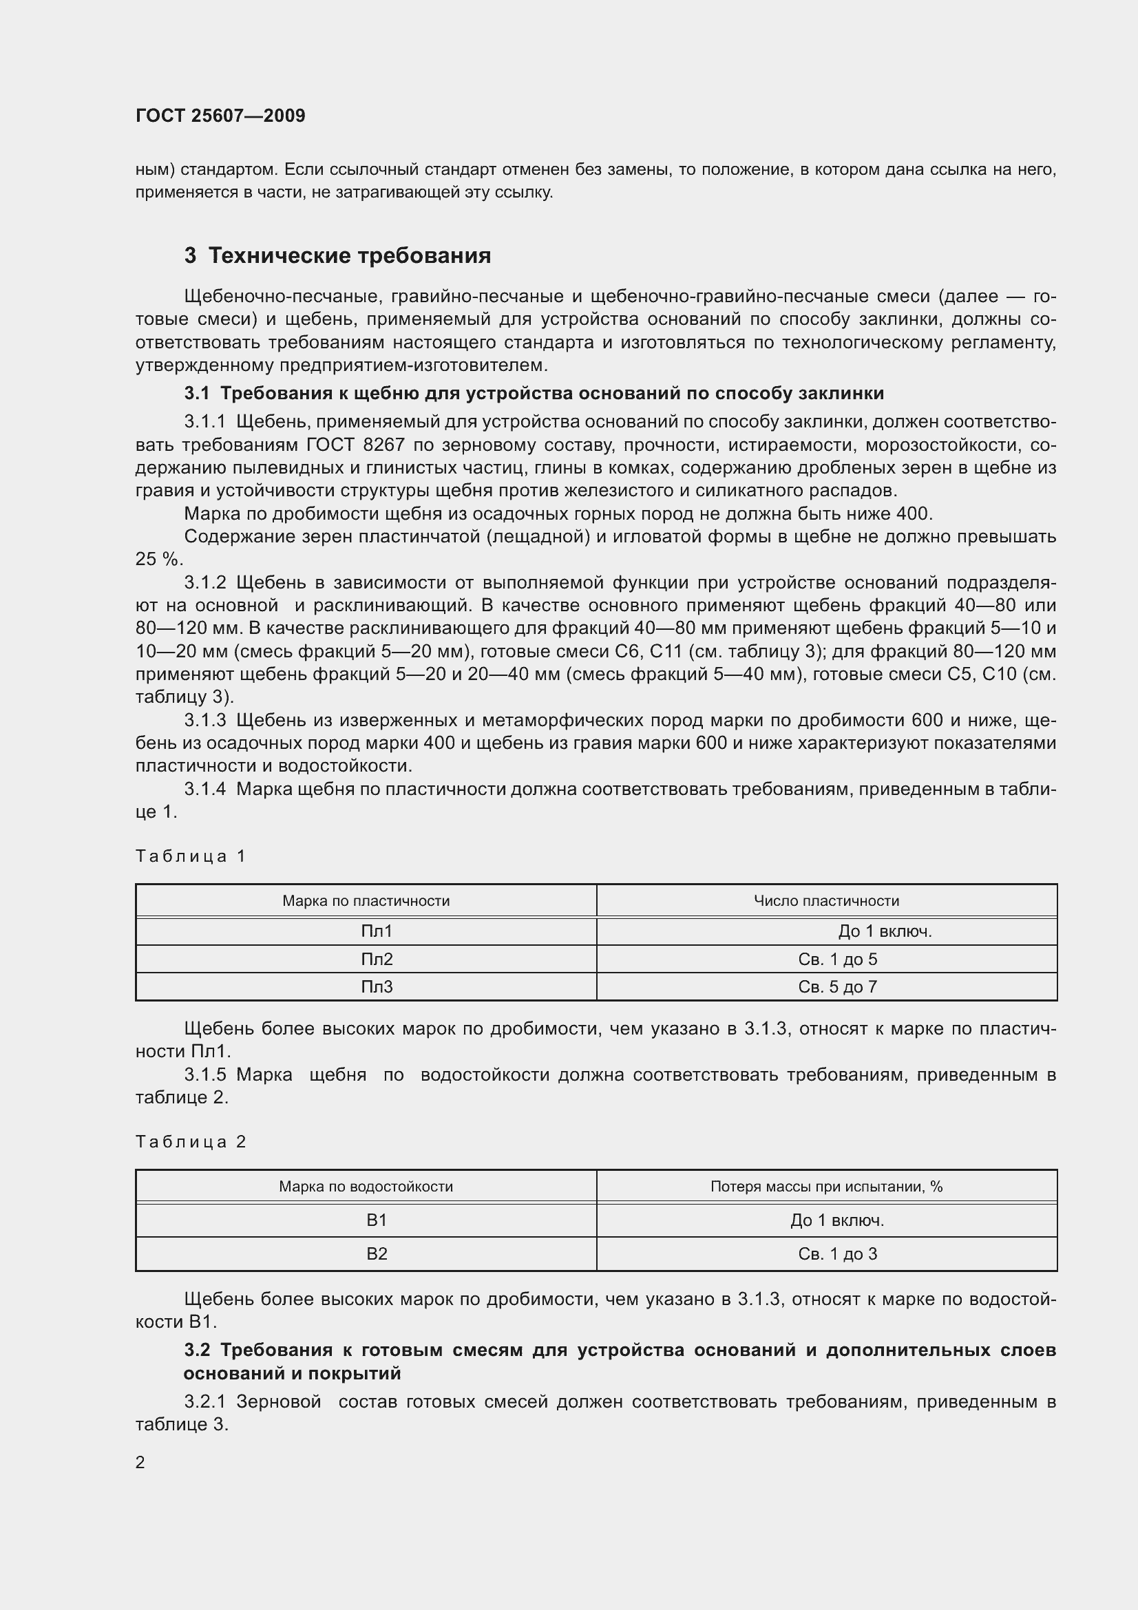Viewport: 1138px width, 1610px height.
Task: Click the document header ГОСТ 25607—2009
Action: (220, 116)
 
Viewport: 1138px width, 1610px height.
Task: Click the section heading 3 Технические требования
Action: (337, 256)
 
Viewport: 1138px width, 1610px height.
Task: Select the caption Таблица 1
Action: (191, 856)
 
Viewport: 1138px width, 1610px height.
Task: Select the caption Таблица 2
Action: (191, 1141)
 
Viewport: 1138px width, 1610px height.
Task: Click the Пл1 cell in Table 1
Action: (377, 931)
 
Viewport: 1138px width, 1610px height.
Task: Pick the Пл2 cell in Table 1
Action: (377, 960)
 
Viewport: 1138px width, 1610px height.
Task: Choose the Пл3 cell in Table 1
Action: (377, 986)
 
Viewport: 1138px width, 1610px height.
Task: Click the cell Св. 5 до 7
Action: (837, 986)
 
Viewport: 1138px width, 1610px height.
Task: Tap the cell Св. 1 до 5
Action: (837, 960)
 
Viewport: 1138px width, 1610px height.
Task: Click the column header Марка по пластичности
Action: (366, 901)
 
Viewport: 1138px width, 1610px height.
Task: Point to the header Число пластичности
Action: (826, 901)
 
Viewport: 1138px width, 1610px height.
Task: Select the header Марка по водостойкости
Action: (366, 1187)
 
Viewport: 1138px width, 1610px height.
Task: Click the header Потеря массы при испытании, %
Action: (826, 1187)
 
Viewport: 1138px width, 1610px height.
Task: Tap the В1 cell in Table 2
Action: (377, 1220)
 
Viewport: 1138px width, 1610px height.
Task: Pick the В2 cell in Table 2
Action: (377, 1253)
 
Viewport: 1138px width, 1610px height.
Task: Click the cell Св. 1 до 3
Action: (837, 1253)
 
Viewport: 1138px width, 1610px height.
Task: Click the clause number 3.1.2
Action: (204, 583)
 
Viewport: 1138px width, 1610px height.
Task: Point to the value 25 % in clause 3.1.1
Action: (158, 560)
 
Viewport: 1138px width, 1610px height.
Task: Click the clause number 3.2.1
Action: (204, 1401)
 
